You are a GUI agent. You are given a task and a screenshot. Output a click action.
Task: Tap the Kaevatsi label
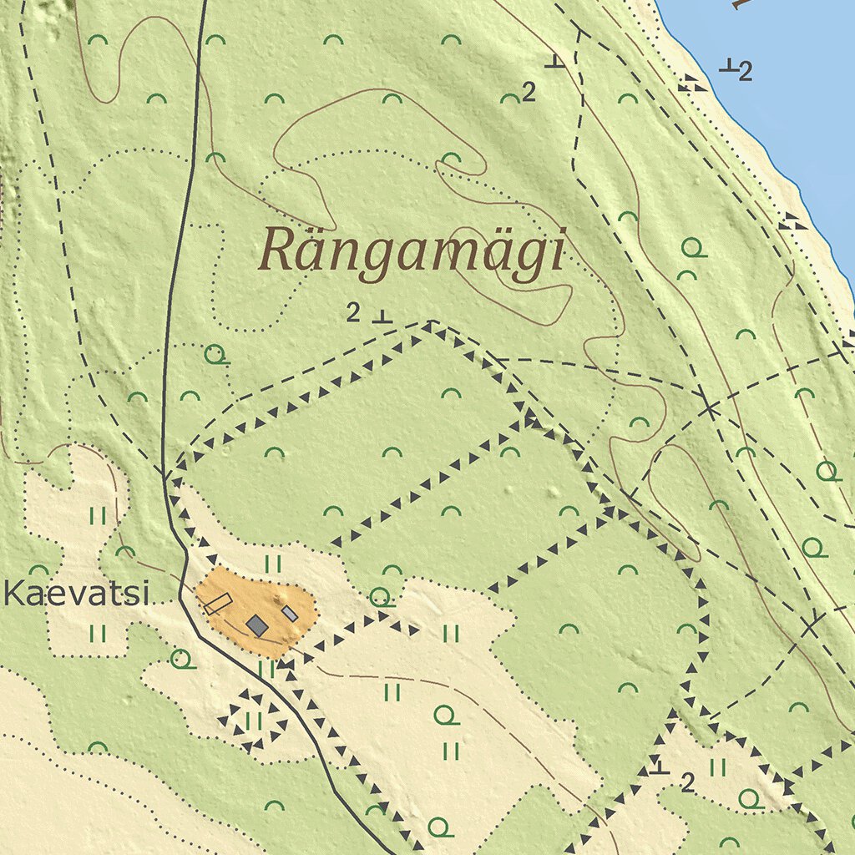[x=76, y=595]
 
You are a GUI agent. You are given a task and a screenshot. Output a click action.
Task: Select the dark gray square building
[x=258, y=625]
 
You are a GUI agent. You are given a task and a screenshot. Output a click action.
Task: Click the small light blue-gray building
[x=289, y=614]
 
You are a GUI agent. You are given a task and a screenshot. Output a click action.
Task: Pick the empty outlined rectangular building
[x=218, y=603]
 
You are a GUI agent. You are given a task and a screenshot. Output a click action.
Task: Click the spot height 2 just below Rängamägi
[x=353, y=314]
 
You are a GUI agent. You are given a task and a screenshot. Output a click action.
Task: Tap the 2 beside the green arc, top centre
[x=528, y=93]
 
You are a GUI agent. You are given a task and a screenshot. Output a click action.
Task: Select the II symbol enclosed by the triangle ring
[x=254, y=721]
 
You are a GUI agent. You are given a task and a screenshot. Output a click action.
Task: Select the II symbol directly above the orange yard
[x=273, y=564]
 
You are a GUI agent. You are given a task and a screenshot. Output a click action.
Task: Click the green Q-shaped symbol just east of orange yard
[x=381, y=597]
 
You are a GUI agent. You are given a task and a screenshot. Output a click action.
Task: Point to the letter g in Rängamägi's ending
[x=524, y=259]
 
